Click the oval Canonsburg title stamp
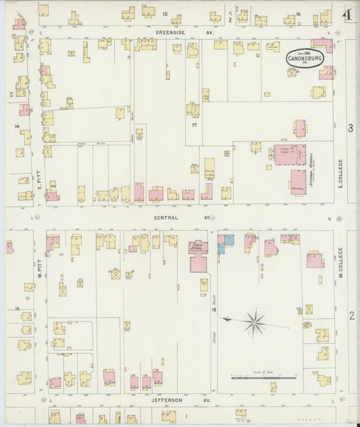[305, 58]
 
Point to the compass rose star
[255, 322]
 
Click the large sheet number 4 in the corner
[346, 14]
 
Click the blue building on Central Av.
[225, 243]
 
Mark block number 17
[194, 125]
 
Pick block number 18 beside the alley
[213, 309]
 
